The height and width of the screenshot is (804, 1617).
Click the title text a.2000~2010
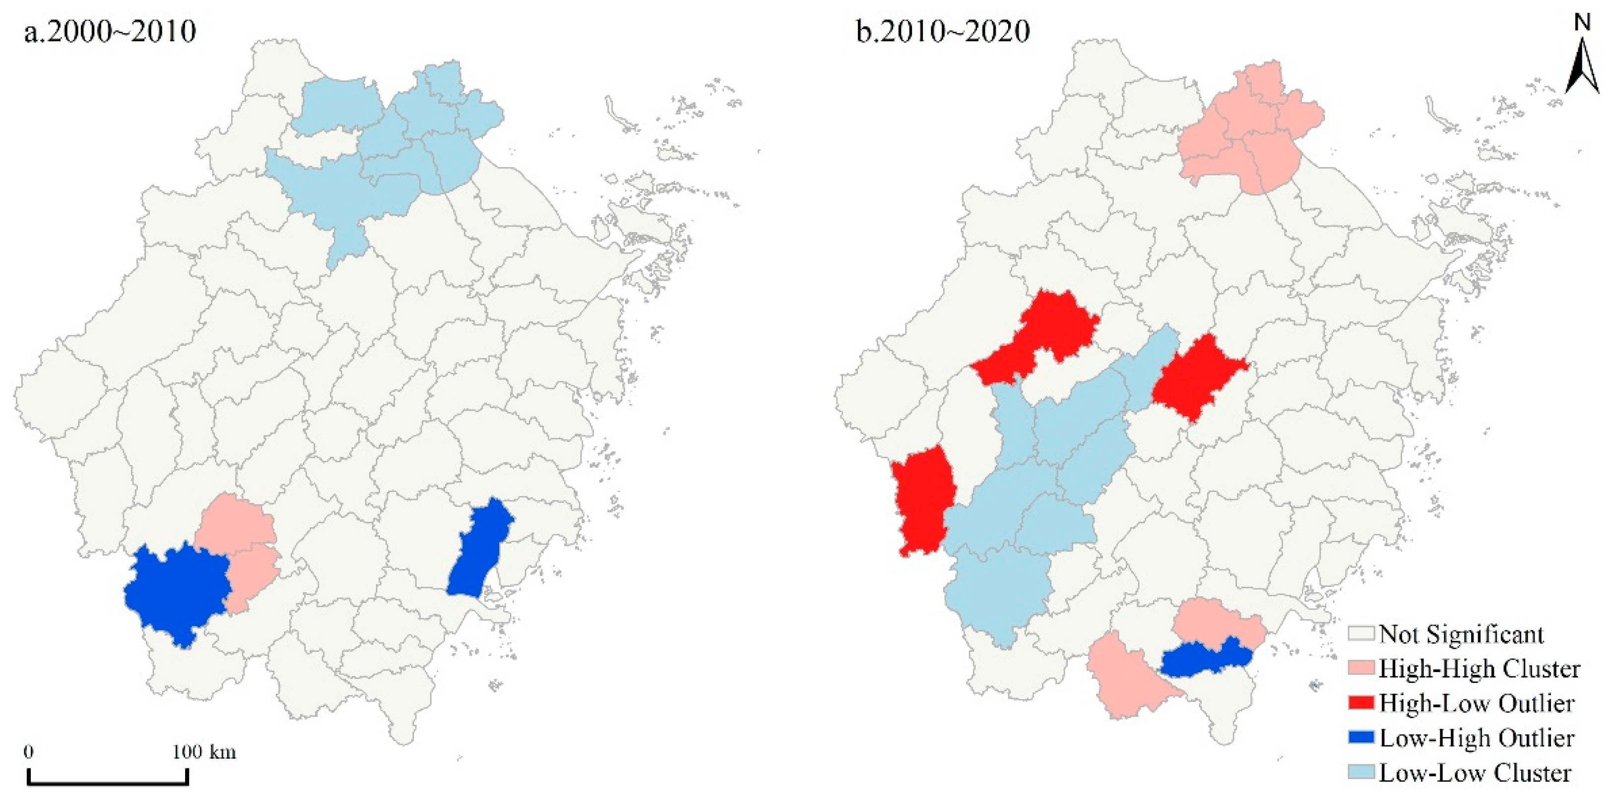110,31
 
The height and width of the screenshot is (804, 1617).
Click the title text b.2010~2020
943,31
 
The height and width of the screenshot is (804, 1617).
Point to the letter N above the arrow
1582,23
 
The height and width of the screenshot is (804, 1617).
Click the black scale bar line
108,783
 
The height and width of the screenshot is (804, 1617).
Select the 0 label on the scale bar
29,751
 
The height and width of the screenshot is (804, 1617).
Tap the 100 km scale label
204,751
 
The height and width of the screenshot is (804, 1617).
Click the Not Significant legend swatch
1361,634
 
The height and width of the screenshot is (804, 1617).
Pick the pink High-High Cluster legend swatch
1361,669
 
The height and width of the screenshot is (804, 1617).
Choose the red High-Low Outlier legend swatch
1361,703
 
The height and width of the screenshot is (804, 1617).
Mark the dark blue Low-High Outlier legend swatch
1361,738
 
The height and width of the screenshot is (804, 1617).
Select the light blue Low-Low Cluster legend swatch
1361,772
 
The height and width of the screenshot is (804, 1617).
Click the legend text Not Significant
1461,634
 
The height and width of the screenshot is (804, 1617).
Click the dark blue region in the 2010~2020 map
1202,660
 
